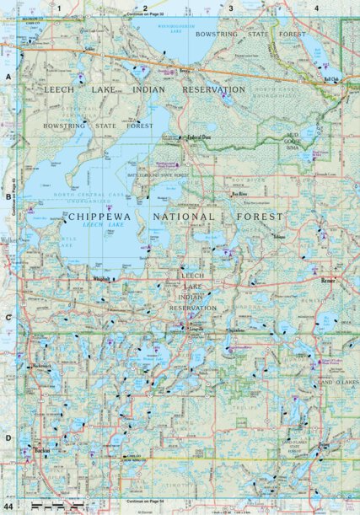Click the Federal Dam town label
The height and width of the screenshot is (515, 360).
click(198, 137)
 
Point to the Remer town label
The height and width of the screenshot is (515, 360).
click(328, 280)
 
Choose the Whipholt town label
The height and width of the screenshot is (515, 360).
click(102, 279)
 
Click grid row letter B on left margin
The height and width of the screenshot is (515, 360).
click(8, 196)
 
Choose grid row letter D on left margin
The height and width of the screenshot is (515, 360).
click(8, 437)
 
